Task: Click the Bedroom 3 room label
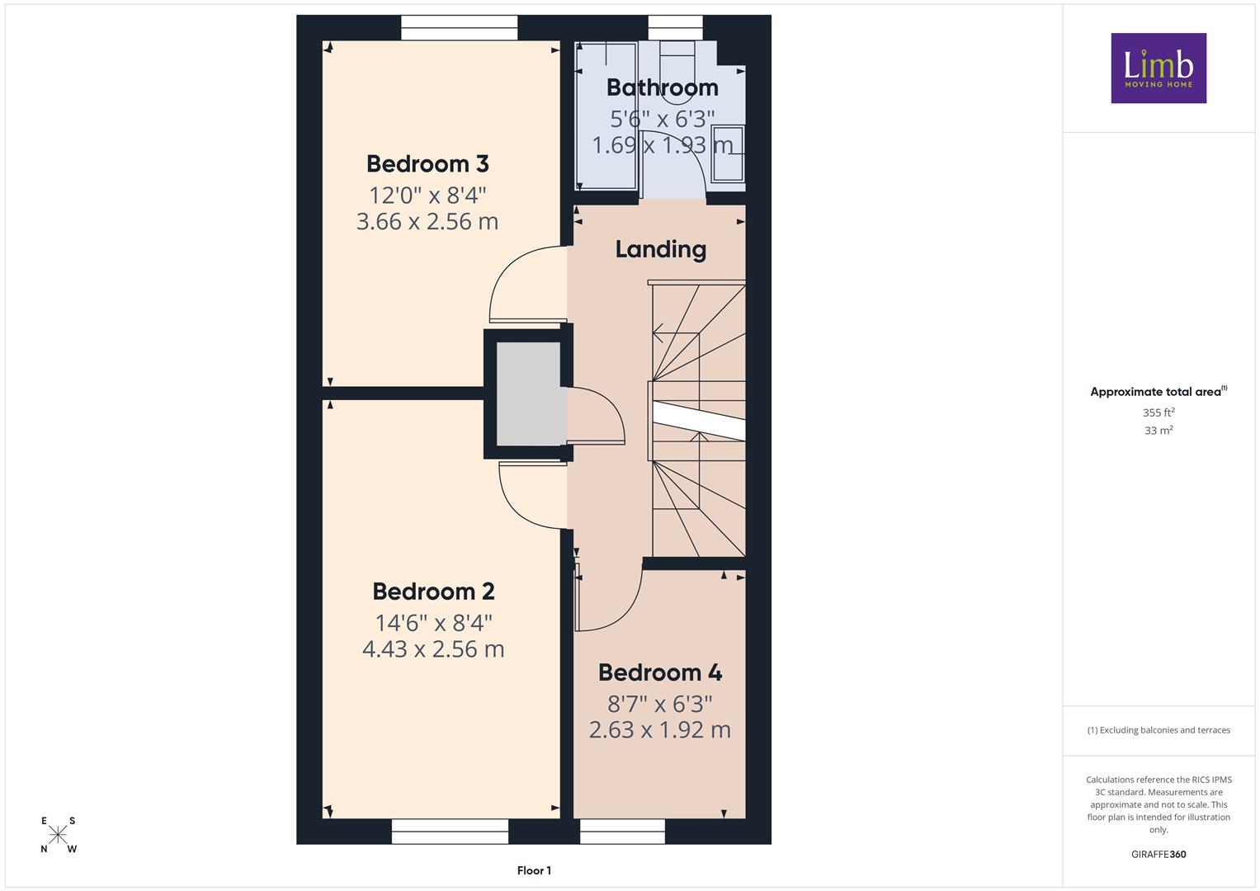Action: click(x=427, y=163)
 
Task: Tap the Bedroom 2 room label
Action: click(x=434, y=592)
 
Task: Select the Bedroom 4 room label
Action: click(x=660, y=672)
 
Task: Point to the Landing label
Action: click(x=661, y=249)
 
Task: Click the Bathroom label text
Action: click(x=663, y=87)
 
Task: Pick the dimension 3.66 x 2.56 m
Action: click(x=427, y=221)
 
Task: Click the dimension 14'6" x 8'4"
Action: click(x=434, y=623)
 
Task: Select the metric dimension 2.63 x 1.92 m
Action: click(x=660, y=729)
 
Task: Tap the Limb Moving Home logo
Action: click(x=1159, y=68)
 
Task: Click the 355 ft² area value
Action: click(x=1159, y=412)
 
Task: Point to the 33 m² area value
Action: click(x=1159, y=431)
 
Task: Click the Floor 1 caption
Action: click(x=535, y=870)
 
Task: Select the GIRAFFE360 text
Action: click(x=1159, y=854)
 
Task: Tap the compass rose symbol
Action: click(x=58, y=835)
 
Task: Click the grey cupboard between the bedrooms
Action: click(x=528, y=394)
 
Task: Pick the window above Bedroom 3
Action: click(x=459, y=27)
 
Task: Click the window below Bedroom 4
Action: click(x=622, y=832)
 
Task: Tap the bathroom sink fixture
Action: click(x=728, y=153)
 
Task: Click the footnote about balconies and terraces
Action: click(x=1159, y=730)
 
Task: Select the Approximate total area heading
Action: click(x=1159, y=392)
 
